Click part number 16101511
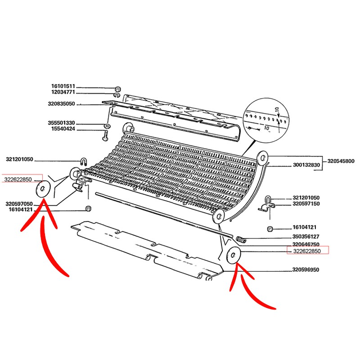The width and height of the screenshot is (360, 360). coord(63,86)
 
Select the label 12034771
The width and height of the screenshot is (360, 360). coord(63,93)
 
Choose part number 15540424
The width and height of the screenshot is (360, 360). coord(63,130)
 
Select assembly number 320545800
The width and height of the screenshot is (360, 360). coord(341,161)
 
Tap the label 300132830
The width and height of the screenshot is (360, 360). coord(306,166)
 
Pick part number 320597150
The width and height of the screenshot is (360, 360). coord(306,204)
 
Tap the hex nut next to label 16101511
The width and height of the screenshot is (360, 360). coord(117,88)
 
